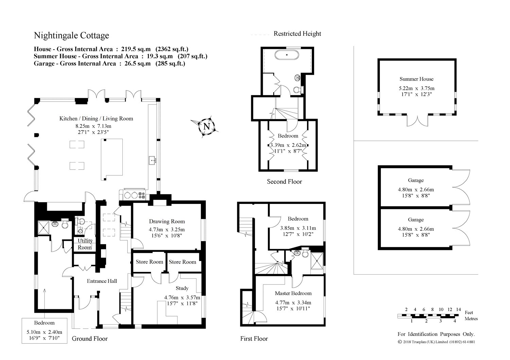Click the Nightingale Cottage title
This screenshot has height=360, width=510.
(x=71, y=35)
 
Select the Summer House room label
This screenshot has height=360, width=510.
(x=417, y=79)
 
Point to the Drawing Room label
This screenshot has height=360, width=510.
(x=167, y=221)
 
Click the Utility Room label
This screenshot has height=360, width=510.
(x=85, y=244)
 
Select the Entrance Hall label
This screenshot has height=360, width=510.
(x=102, y=281)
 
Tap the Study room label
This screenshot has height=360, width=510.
(x=182, y=288)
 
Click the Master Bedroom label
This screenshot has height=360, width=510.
(x=293, y=293)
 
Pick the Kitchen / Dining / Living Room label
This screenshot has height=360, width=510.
(x=96, y=119)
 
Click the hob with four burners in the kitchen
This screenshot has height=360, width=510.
(x=135, y=195)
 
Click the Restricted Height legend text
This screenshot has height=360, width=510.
(x=297, y=34)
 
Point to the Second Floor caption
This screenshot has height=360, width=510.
(x=284, y=182)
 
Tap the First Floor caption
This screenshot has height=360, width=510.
(x=254, y=339)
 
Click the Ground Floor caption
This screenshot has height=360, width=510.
(x=90, y=339)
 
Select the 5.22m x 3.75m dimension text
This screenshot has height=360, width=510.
(x=417, y=88)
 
